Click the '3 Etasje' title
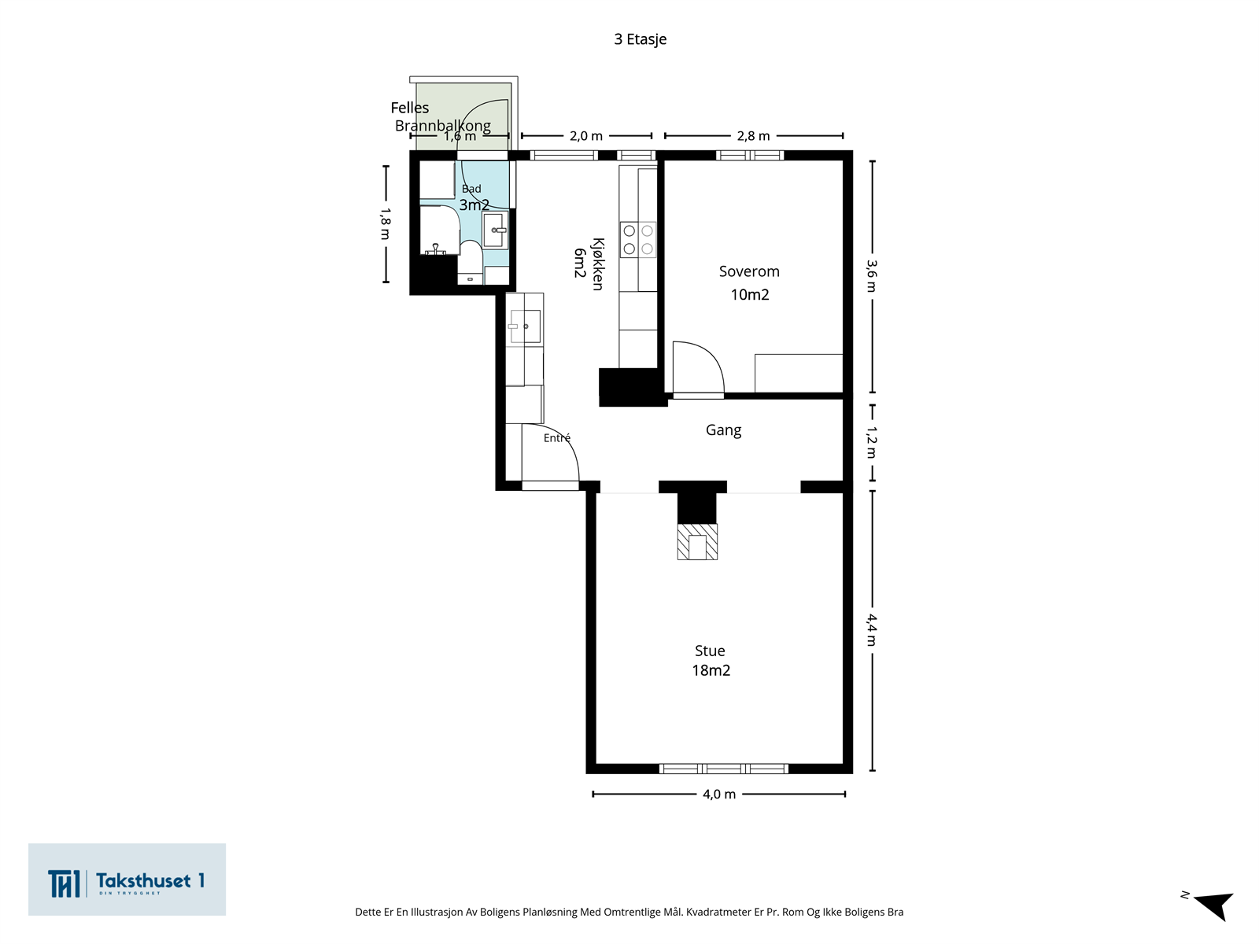tap(640, 39)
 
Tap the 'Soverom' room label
tap(749, 271)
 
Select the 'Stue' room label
tap(710, 651)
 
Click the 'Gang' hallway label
tap(723, 430)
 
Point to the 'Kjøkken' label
tap(598, 264)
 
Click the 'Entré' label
tap(557, 438)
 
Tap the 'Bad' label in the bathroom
tap(471, 189)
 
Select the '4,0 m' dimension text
tap(719, 794)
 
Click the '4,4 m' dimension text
tap(872, 629)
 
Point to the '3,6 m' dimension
tap(872, 275)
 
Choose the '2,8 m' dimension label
tap(753, 136)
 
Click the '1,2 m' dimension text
tap(872, 442)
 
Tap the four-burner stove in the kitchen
tap(638, 240)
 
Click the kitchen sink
tap(526, 326)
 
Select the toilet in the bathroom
tap(471, 263)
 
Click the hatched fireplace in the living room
tap(697, 542)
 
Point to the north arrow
tap(1213, 905)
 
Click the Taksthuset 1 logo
tap(127, 879)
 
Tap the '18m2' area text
tap(711, 670)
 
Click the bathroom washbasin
tap(495, 230)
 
